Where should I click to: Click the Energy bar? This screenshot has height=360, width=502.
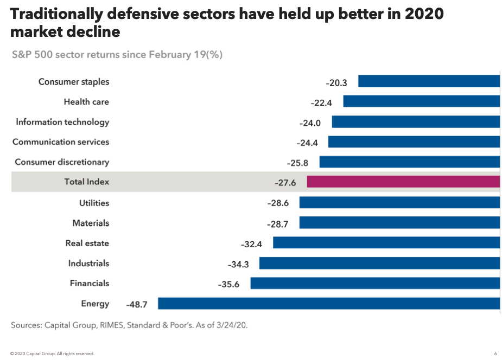pos(328,303)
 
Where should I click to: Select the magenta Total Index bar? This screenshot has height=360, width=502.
pos(403,182)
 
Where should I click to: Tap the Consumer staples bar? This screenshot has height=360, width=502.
pos(429,81)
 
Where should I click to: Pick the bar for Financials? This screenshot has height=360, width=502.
pos(374,283)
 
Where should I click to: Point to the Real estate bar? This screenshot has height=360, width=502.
pos(386,242)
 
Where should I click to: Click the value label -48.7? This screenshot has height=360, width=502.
pos(136,305)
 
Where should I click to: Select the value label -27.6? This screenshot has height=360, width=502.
pos(285,183)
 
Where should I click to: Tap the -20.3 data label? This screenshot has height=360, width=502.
pos(336,83)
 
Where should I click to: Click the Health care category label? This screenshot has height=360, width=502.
pos(86,102)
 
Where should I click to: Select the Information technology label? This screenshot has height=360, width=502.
pos(62,122)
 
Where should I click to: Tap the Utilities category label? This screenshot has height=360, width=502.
pos(94,203)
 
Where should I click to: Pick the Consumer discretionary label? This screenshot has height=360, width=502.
pos(62,162)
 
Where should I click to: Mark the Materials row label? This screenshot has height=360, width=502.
pos(91,223)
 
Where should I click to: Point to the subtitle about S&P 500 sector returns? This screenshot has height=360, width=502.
pos(117,55)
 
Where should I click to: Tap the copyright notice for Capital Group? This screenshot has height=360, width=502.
pos(52,353)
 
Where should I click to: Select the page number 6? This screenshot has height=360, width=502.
pos(495,353)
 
